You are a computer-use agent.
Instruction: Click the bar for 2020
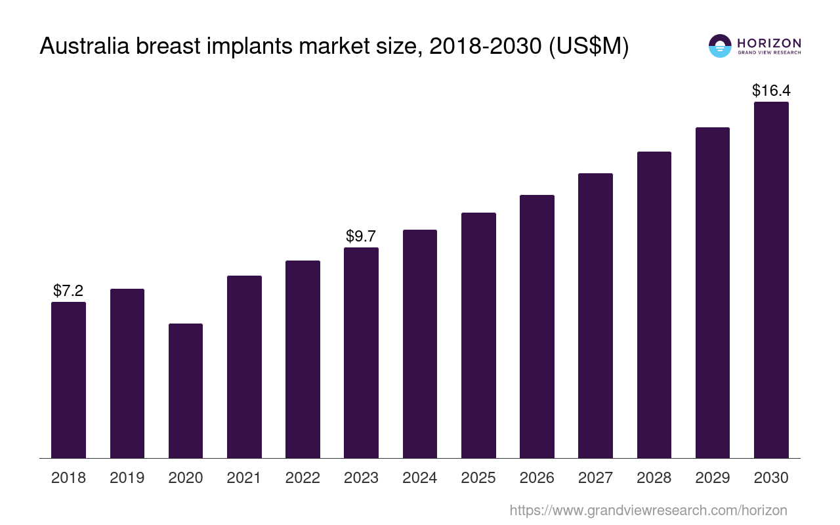click(186, 390)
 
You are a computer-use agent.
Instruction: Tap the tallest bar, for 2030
click(771, 280)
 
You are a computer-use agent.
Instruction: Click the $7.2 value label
click(68, 290)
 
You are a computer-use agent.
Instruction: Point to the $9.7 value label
click(361, 236)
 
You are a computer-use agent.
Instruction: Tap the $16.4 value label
click(770, 90)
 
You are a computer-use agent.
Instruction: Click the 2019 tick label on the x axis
click(127, 478)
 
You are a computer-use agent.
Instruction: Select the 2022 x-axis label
click(303, 478)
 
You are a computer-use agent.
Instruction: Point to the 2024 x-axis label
click(420, 478)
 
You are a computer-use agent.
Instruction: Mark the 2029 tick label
click(713, 478)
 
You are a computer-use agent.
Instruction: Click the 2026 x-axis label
click(537, 478)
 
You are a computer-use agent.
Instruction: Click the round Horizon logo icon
click(720, 46)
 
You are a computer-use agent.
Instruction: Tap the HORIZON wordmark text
click(769, 43)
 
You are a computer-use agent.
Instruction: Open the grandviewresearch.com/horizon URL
click(648, 510)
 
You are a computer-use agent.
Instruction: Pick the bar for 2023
click(361, 352)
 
